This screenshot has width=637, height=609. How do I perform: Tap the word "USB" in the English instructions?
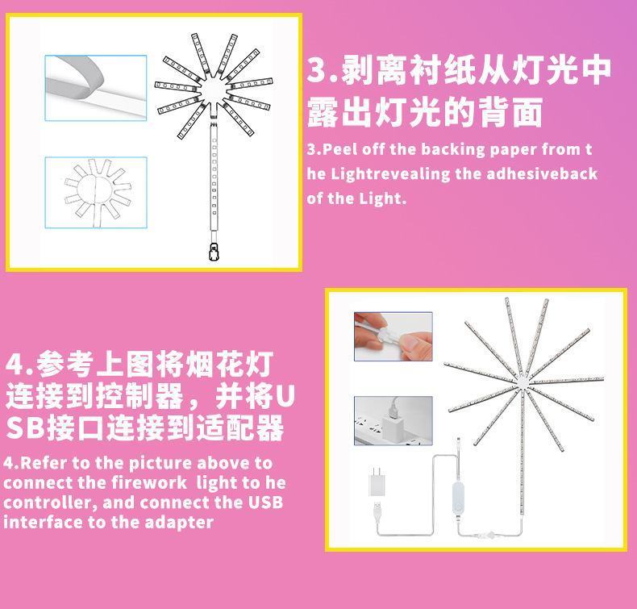[265, 503]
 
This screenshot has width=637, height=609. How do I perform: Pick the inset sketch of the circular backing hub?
[95, 190]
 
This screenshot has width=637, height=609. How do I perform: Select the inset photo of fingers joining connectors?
[393, 336]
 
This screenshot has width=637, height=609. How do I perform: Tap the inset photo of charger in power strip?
[393, 419]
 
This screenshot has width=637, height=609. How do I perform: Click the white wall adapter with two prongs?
[376, 485]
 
